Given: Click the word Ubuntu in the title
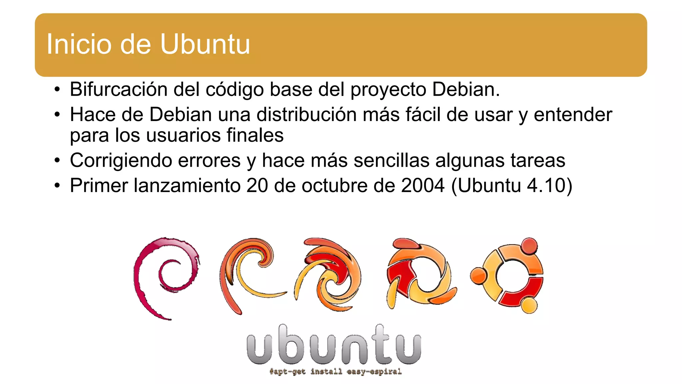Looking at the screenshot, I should click(205, 44).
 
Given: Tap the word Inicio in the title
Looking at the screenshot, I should click(79, 44).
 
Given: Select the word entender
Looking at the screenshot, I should click(573, 115).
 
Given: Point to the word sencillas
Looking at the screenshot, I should click(392, 160).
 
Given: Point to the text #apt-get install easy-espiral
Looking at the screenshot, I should click(335, 371).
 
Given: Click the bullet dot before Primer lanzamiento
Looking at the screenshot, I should click(58, 186).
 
